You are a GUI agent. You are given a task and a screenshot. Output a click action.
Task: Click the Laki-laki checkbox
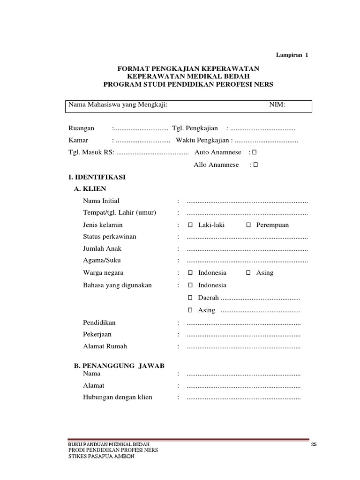[x=190, y=225]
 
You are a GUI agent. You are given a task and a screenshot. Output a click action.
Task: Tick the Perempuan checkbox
[x=248, y=225]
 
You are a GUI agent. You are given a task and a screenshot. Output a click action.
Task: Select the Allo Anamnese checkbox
[x=256, y=165]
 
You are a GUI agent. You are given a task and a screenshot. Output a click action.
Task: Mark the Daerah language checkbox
[x=190, y=298]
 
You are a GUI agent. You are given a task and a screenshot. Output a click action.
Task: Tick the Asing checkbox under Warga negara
[x=248, y=273]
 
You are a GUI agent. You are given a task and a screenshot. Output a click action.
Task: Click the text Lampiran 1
[x=292, y=55]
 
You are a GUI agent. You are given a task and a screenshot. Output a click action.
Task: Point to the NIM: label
[x=277, y=105]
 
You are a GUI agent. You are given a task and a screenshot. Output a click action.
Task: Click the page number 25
[x=314, y=445]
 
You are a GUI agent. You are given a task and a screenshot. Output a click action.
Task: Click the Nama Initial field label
[x=101, y=201]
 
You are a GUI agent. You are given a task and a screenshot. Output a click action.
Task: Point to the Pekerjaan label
[x=97, y=335]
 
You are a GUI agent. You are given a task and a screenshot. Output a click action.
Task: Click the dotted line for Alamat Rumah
[x=243, y=347]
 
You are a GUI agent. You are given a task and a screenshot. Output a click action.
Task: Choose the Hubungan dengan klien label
[x=118, y=397]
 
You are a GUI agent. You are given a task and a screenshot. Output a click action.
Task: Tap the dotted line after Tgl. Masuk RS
[x=152, y=153]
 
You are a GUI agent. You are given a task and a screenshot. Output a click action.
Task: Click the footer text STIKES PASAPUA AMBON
[x=101, y=457]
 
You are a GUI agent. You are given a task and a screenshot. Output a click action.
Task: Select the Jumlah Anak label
[x=102, y=249]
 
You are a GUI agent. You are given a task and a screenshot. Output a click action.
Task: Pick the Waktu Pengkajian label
[x=202, y=141]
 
